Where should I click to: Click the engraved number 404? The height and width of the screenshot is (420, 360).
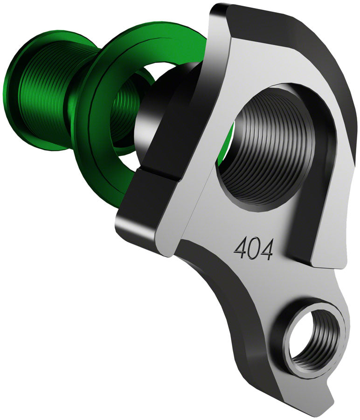point(253,249)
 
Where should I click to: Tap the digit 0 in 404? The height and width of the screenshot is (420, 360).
point(253,249)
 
